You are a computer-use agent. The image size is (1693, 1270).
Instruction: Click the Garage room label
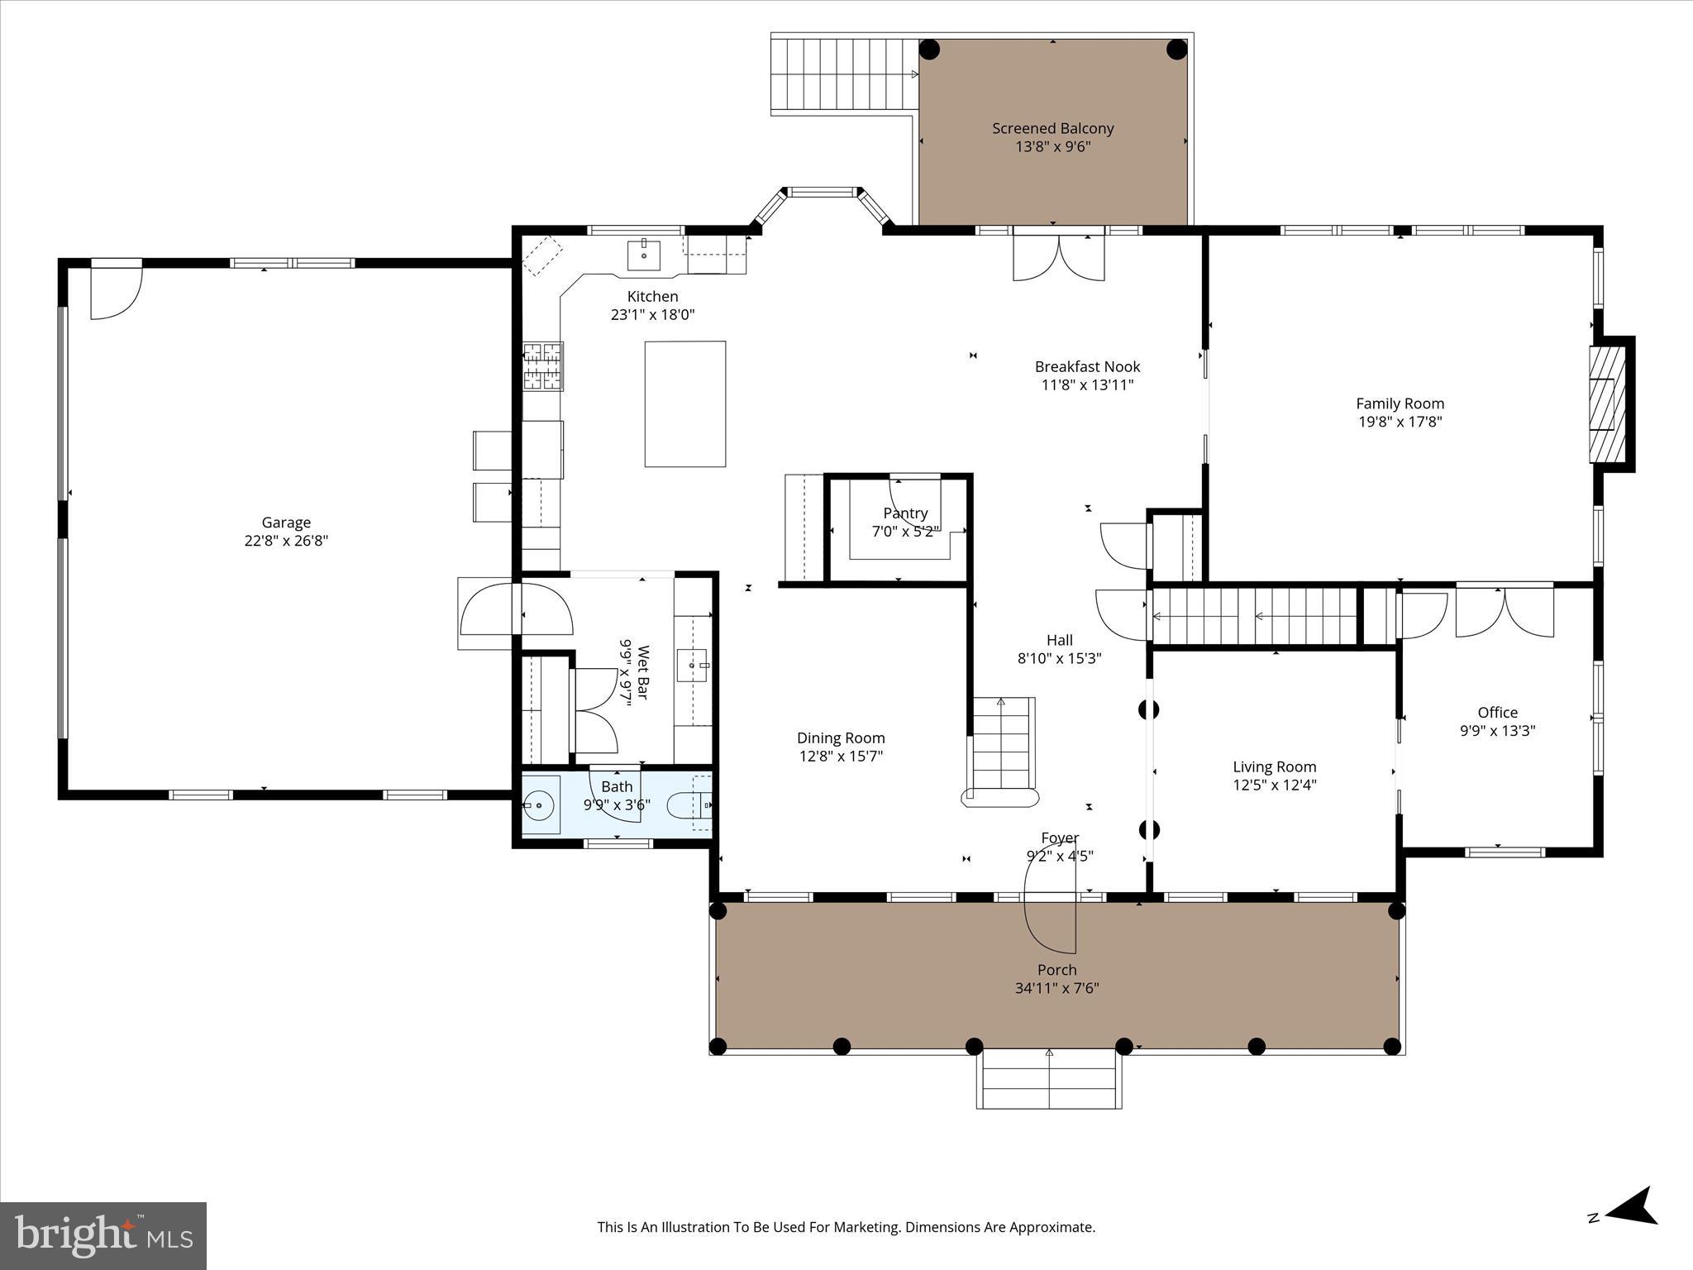[x=286, y=523]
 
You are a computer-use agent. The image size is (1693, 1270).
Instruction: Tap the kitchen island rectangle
[x=684, y=403]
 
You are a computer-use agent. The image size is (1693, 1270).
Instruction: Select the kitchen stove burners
[x=543, y=366]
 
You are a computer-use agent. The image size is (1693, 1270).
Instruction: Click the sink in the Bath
[x=540, y=804]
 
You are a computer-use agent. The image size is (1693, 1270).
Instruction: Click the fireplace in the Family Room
[x=1607, y=403]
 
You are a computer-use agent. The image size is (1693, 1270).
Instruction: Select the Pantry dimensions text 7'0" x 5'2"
[x=905, y=532]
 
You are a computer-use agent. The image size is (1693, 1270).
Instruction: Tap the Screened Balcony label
[x=1052, y=128]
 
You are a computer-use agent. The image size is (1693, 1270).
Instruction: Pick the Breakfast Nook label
[x=1087, y=366]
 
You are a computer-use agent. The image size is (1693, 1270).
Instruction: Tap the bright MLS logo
[x=103, y=1236]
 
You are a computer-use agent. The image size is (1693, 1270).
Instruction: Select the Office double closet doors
[x=1504, y=612]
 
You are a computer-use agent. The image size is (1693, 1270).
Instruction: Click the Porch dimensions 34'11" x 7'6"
[x=1056, y=988]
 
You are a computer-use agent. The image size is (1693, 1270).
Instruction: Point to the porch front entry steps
[x=1049, y=1079]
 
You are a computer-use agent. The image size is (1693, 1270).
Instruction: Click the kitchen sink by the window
[x=643, y=255]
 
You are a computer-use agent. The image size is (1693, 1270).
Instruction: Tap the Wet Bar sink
[x=692, y=665]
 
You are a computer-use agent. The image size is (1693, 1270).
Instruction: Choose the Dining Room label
[x=840, y=738]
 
